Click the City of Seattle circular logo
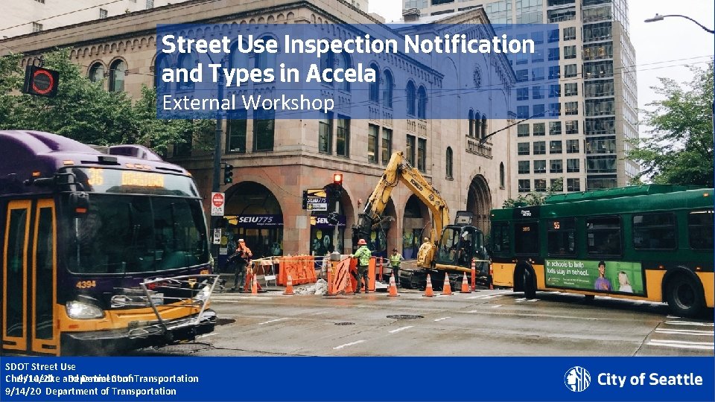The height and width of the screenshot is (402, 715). click(577, 379)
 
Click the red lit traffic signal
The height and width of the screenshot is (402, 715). click(337, 179)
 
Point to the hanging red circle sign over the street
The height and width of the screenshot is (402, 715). click(42, 81)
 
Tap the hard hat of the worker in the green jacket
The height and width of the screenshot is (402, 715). click(361, 242)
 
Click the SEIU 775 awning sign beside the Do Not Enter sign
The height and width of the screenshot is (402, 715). click(257, 220)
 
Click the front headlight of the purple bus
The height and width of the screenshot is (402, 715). click(84, 309)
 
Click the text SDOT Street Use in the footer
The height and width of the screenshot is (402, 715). click(40, 366)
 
